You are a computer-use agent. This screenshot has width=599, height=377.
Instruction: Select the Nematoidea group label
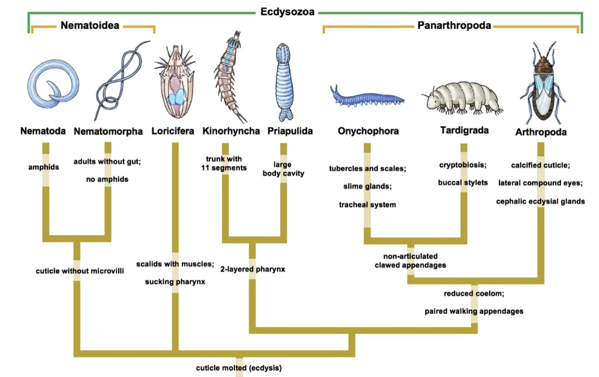coord(91,25)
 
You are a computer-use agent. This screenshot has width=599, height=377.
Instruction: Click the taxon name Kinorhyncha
coord(231,131)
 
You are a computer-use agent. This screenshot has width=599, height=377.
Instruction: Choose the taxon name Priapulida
coord(290,131)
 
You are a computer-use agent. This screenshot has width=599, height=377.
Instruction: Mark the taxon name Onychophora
coord(368,131)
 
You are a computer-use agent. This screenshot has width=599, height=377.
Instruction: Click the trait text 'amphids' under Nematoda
coord(44,167)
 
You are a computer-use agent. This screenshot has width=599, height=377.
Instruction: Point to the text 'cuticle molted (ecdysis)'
coord(239,368)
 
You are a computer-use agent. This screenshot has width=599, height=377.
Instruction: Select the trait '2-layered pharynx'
coord(251,270)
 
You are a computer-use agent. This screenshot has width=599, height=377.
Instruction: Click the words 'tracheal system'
coord(367,205)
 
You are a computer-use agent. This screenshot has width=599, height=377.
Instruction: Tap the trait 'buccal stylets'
coord(463,183)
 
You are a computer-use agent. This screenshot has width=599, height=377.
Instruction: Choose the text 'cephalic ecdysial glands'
coord(540,201)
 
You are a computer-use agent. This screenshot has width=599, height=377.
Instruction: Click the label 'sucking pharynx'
coord(175,282)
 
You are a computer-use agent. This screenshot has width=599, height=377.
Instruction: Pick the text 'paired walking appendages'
coord(474,311)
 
